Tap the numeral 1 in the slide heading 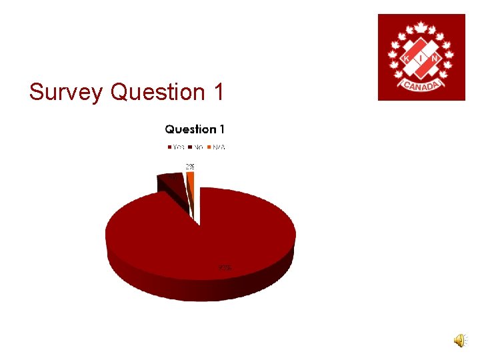219,92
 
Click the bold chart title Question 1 195,129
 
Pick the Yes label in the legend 179,147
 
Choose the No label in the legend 199,147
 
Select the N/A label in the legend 219,147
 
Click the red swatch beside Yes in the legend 169,147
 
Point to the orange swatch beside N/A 209,147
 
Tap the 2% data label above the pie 190,166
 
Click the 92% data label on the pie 225,268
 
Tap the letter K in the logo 407,59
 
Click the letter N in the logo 436,59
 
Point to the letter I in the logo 421,59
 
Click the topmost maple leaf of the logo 421,27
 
